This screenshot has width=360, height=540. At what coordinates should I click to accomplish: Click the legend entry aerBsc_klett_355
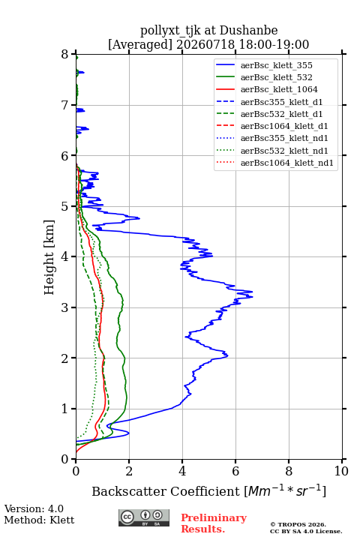pos(276,65)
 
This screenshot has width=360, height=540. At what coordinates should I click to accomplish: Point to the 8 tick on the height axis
pos(65,55)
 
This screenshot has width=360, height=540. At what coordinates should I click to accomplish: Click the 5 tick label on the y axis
pos(65,206)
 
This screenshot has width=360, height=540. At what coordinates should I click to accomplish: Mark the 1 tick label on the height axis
pos(65,409)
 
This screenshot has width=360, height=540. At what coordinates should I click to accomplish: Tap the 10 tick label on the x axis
pos(341,471)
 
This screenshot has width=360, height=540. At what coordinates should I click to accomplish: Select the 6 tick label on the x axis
pos(235,471)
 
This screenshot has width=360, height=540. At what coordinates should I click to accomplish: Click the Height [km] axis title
pos(49,257)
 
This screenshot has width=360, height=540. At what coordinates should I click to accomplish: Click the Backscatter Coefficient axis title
pos(208,490)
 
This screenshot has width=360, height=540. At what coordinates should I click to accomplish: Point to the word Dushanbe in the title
pos(249,30)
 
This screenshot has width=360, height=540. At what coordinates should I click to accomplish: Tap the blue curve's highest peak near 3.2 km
pos(253,297)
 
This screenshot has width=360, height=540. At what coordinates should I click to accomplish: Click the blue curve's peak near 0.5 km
pos(129,433)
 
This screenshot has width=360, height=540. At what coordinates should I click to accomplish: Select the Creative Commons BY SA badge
pos(144,517)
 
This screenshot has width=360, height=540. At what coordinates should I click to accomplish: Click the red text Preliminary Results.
pos(214,523)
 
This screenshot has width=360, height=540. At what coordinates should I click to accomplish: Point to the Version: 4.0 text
pos(34,508)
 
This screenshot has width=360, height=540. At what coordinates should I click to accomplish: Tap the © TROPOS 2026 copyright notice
pos(298,524)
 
